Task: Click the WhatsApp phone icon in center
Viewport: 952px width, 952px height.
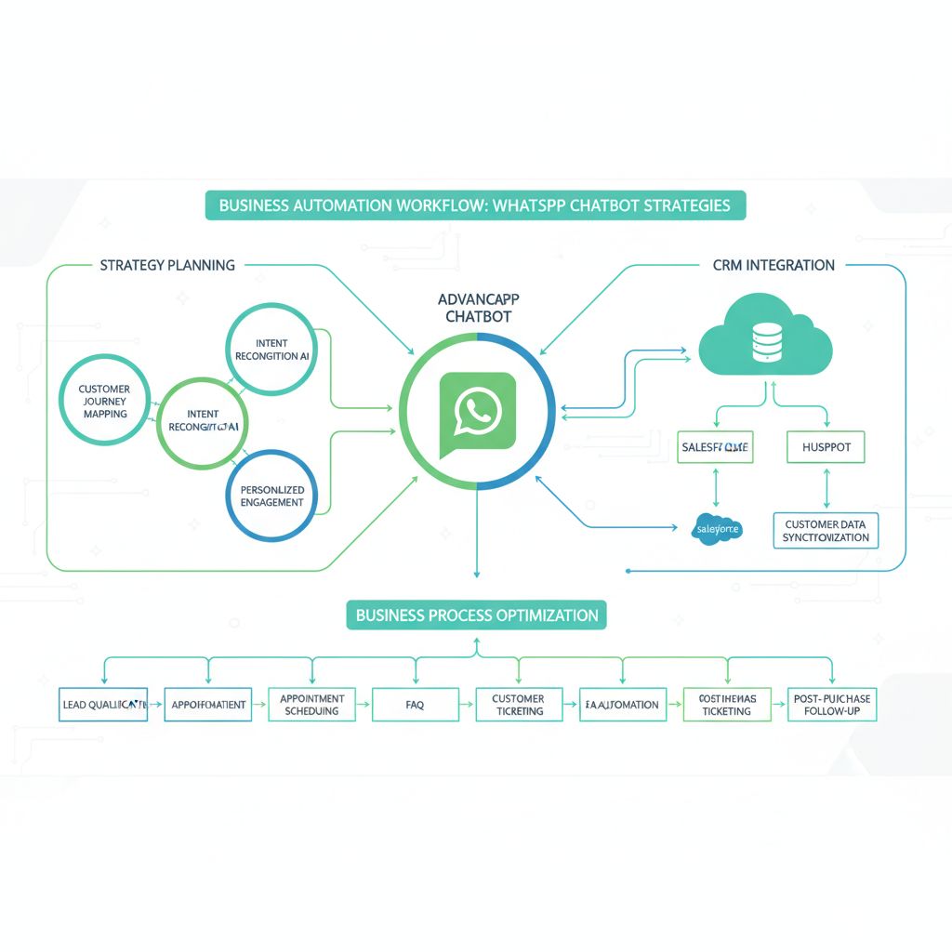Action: pyautogui.click(x=477, y=411)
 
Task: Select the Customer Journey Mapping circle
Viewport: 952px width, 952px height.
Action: pyautogui.click(x=105, y=401)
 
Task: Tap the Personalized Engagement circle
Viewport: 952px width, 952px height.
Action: pyautogui.click(x=271, y=495)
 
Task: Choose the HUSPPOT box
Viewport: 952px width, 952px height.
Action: pyautogui.click(x=826, y=447)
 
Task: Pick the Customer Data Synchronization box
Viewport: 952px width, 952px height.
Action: pyautogui.click(x=826, y=531)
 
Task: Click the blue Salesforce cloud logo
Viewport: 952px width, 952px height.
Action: pyautogui.click(x=717, y=529)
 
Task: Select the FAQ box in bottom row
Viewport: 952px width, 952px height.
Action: pyautogui.click(x=415, y=705)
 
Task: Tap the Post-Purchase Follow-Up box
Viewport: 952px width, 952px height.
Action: pyautogui.click(x=833, y=705)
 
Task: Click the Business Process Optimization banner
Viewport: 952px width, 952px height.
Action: pyautogui.click(x=476, y=615)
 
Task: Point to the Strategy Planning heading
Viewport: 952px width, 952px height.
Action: pyautogui.click(x=167, y=265)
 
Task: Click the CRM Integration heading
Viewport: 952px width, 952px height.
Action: pyautogui.click(x=773, y=265)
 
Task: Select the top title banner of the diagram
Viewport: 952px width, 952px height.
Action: pyautogui.click(x=475, y=205)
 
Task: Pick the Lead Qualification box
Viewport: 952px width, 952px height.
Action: pyautogui.click(x=103, y=705)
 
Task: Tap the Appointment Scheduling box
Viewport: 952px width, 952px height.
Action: pyautogui.click(x=311, y=705)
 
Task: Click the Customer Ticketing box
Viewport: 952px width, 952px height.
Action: pyautogui.click(x=518, y=705)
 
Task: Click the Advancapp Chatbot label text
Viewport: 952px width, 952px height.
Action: pyautogui.click(x=478, y=309)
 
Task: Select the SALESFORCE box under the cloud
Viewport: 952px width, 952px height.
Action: pyautogui.click(x=715, y=447)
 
